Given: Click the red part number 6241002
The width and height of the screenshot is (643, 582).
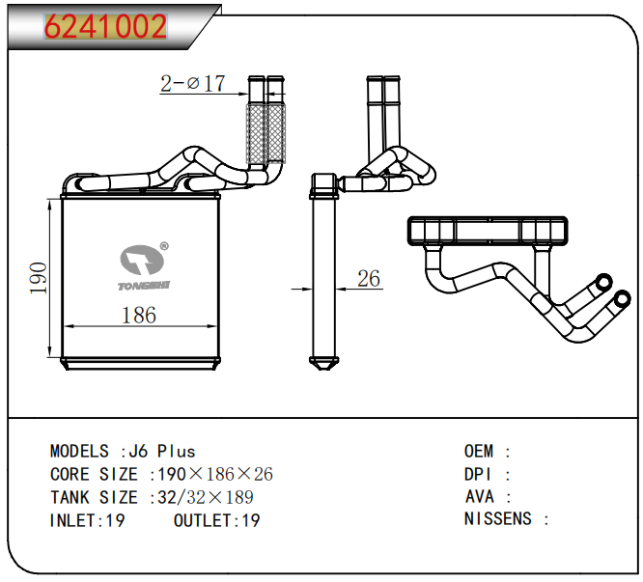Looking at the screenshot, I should click(105, 26).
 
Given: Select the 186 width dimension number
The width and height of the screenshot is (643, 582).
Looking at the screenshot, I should click(139, 315).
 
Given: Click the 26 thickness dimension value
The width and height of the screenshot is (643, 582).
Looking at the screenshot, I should click(369, 280).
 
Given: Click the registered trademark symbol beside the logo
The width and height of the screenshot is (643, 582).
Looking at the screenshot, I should click(164, 247).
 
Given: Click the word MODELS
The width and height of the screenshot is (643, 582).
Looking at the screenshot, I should click(79, 451).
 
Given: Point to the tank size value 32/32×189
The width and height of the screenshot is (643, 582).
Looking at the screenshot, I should click(204, 497).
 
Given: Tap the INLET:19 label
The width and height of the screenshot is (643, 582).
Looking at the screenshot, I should click(87, 520).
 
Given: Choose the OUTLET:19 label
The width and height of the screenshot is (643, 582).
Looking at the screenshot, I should click(217, 520).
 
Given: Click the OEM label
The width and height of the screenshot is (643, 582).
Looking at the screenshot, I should click(480, 451).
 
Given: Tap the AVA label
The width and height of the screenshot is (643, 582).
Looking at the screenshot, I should click(480, 497).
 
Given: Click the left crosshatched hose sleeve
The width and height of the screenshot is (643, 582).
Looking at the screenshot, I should click(257, 134).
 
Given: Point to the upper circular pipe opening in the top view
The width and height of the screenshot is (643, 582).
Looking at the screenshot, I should click(603, 283).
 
